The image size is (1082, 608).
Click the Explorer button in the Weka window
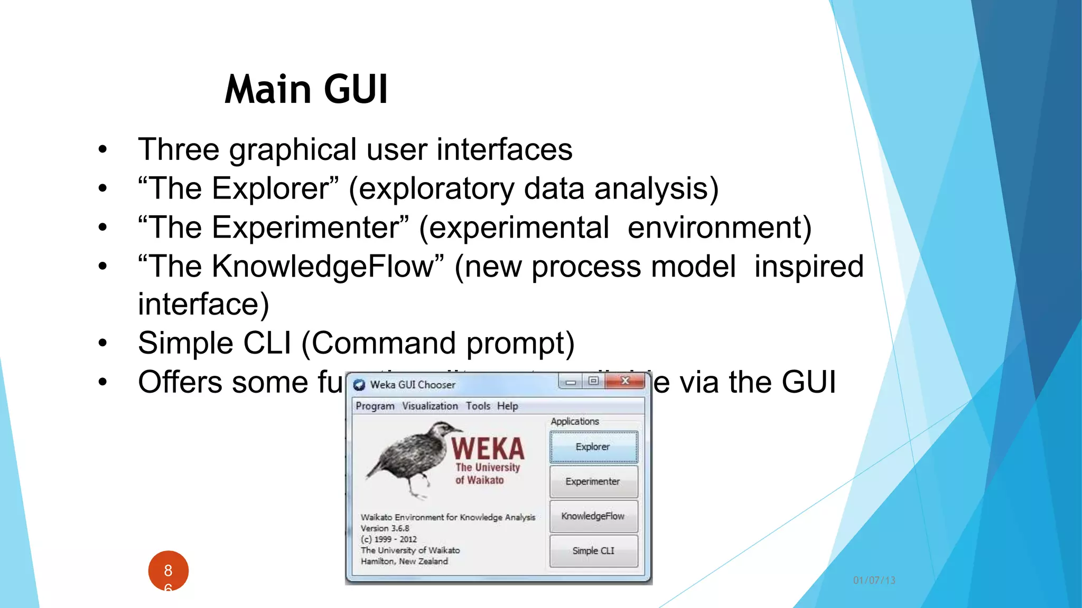pos(593,447)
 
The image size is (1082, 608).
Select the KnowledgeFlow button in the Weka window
pos(593,516)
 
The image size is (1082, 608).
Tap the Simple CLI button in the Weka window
pos(593,551)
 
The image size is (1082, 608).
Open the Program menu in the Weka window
pos(375,406)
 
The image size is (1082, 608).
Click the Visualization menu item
pos(430,406)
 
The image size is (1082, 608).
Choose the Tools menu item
pos(478,406)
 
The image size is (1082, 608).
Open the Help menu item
pos(507,406)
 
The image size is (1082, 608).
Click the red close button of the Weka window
pos(626,381)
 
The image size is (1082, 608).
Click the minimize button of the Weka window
pos(571,382)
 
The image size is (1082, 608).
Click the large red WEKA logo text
pos(488,449)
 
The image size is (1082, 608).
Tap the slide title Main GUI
pos(306,89)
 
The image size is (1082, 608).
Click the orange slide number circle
pos(168,571)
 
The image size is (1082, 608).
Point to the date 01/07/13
pos(874,581)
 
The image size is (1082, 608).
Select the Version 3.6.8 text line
pos(385,528)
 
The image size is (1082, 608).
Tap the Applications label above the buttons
pos(575,422)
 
